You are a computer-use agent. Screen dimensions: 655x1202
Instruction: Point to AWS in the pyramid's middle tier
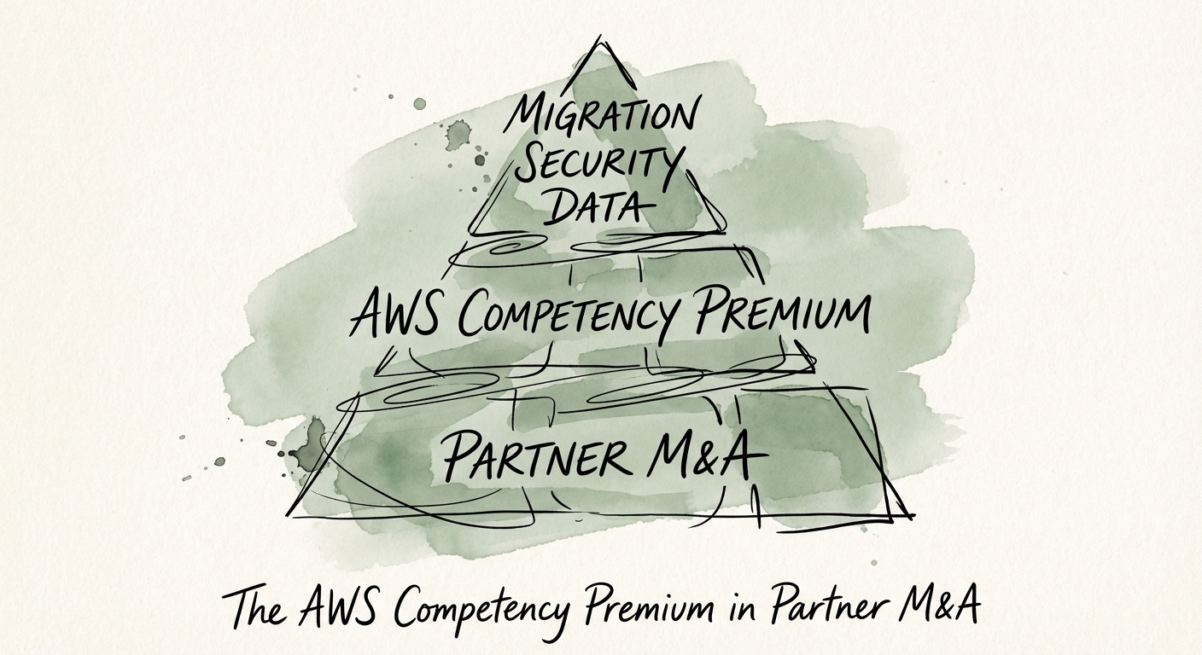[402, 315]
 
